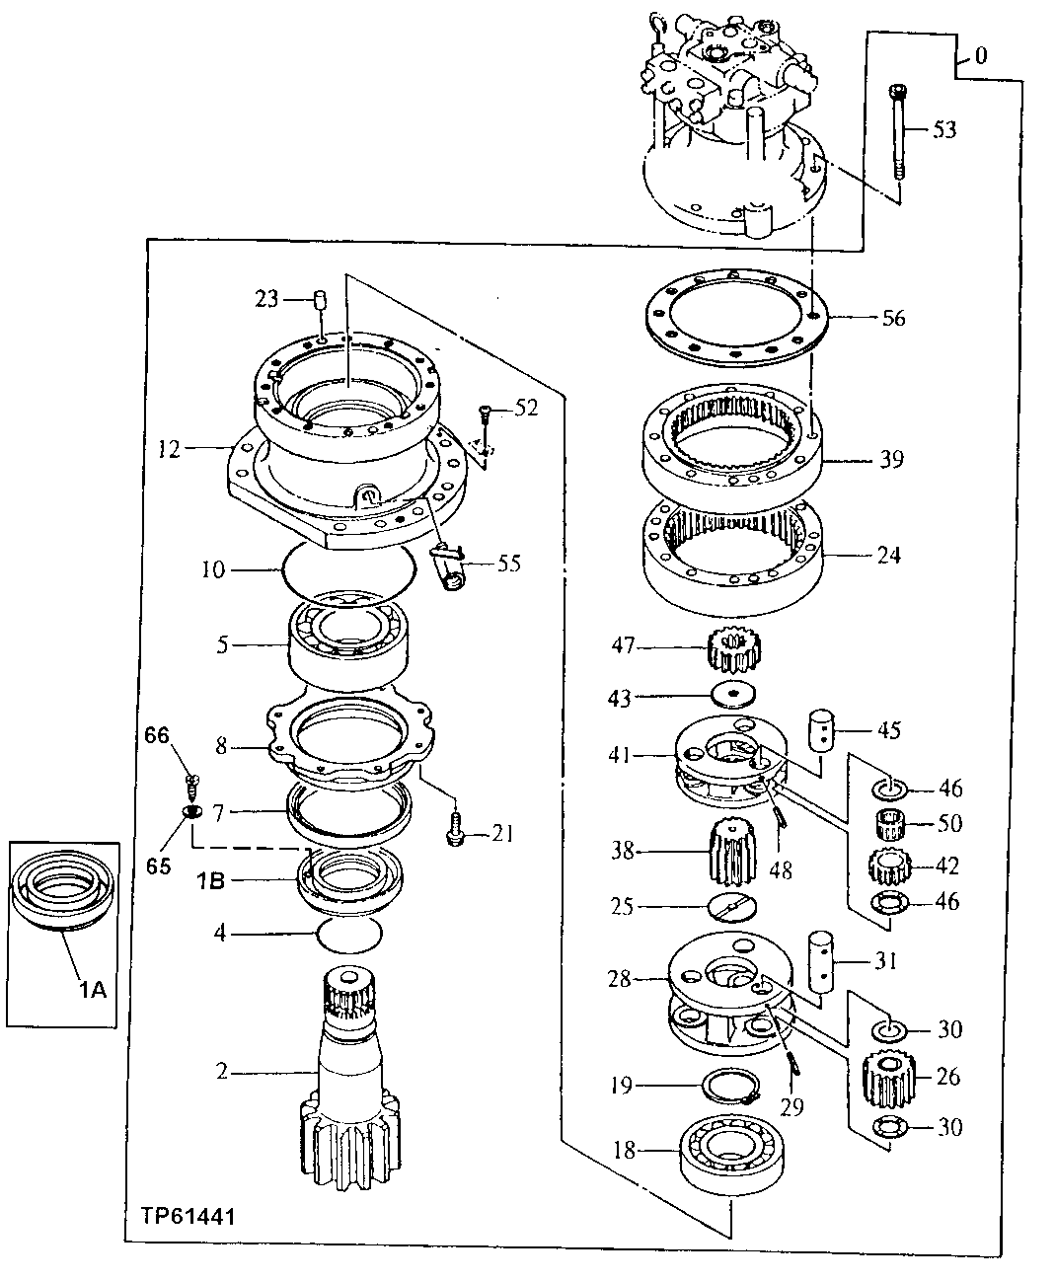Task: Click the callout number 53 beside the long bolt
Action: click(944, 129)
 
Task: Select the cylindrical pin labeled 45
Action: click(821, 729)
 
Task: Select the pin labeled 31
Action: click(821, 958)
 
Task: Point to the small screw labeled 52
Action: click(484, 410)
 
